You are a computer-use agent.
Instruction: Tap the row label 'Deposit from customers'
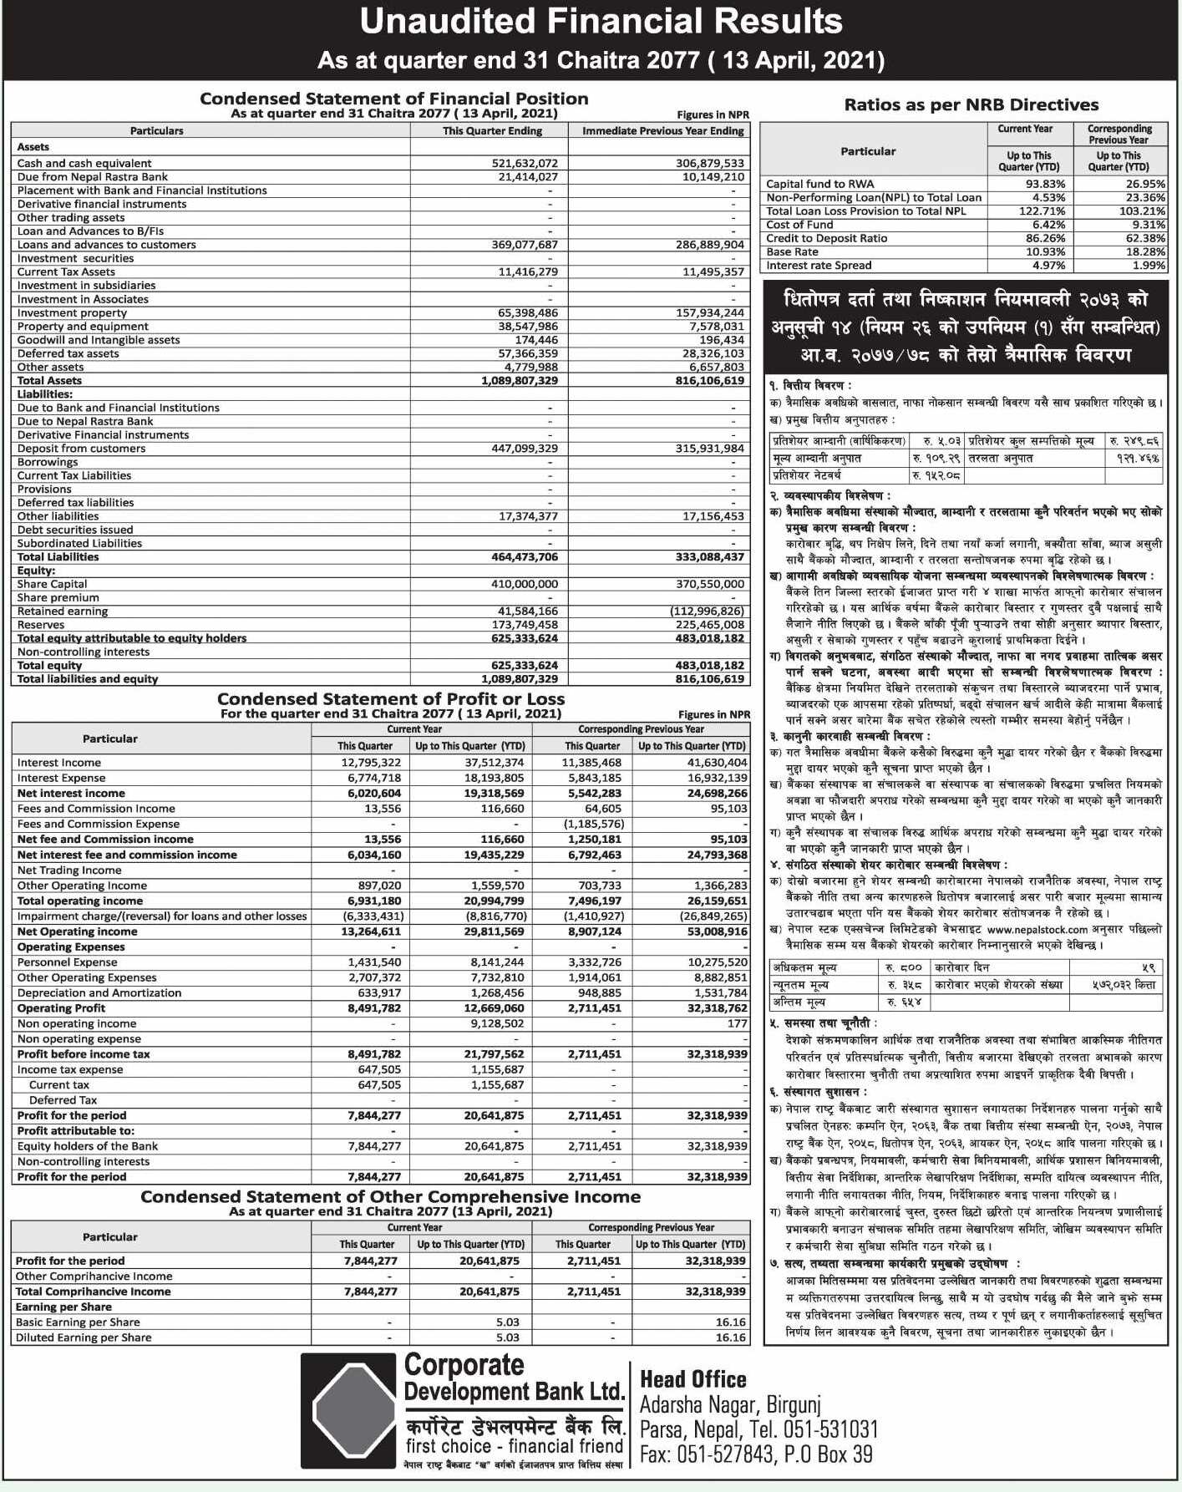[x=81, y=449]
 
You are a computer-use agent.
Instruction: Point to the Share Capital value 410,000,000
[x=524, y=584]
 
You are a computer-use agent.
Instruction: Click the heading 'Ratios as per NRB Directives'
[x=971, y=104]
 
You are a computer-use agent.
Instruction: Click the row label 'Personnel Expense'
[x=67, y=962]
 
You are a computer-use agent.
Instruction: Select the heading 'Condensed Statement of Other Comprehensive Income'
[x=390, y=1196]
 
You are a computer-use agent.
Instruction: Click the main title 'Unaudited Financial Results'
[x=601, y=22]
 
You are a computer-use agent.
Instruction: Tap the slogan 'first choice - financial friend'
[x=515, y=1446]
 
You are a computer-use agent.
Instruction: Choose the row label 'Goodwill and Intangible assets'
[x=99, y=340]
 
